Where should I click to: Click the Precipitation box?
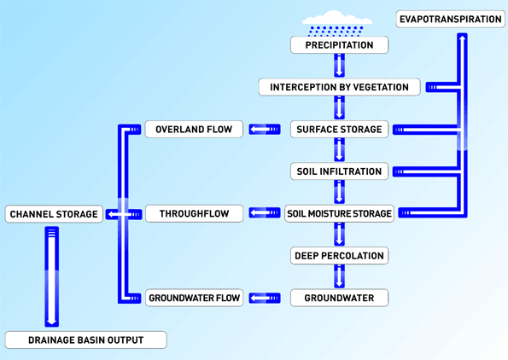[x=339, y=44]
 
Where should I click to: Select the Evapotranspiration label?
[x=451, y=19]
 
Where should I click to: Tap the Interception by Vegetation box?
[x=339, y=87]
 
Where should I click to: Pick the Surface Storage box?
[x=339, y=130]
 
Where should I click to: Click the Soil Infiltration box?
[x=339, y=171]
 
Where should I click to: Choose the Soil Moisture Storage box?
[x=339, y=213]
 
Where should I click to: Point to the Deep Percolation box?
[x=339, y=255]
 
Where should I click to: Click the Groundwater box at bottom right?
[x=339, y=298]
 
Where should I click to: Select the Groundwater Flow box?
[x=194, y=298]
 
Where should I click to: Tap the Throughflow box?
[x=194, y=213]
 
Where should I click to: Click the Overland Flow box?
[x=194, y=130]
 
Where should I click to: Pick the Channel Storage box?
[x=53, y=213]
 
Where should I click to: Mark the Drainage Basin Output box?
[x=85, y=340]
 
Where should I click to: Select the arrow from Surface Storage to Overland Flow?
[x=265, y=130]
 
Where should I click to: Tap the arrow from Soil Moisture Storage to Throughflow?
[x=265, y=213]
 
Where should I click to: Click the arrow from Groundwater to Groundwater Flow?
[x=265, y=298]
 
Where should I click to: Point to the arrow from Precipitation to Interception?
[x=339, y=66]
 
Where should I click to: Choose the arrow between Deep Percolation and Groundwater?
[x=339, y=276]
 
